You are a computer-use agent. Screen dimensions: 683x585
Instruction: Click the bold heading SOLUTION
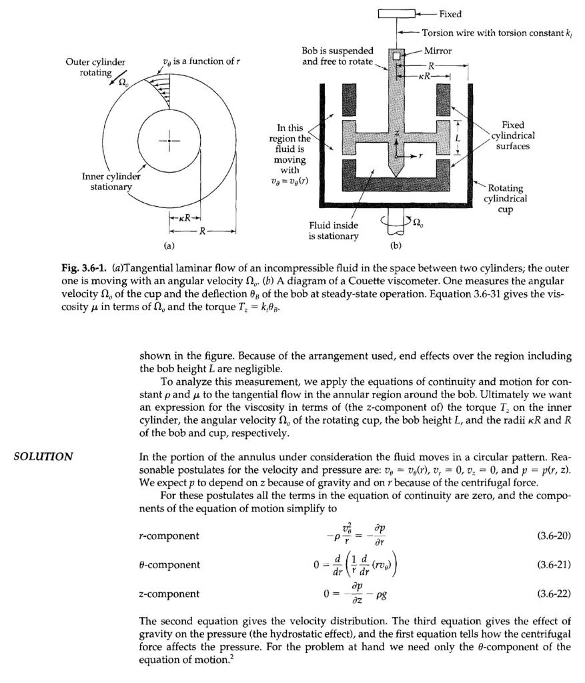tap(43, 456)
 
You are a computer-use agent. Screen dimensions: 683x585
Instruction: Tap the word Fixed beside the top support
tap(450, 13)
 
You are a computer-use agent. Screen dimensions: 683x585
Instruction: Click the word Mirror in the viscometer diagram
tap(438, 51)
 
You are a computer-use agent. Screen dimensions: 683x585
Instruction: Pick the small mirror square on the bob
tap(397, 57)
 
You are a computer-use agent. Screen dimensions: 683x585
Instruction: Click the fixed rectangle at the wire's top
tap(396, 13)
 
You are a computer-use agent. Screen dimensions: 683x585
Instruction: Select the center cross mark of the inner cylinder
tap(169, 141)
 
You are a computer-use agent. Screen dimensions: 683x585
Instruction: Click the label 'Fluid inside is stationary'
tap(334, 231)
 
